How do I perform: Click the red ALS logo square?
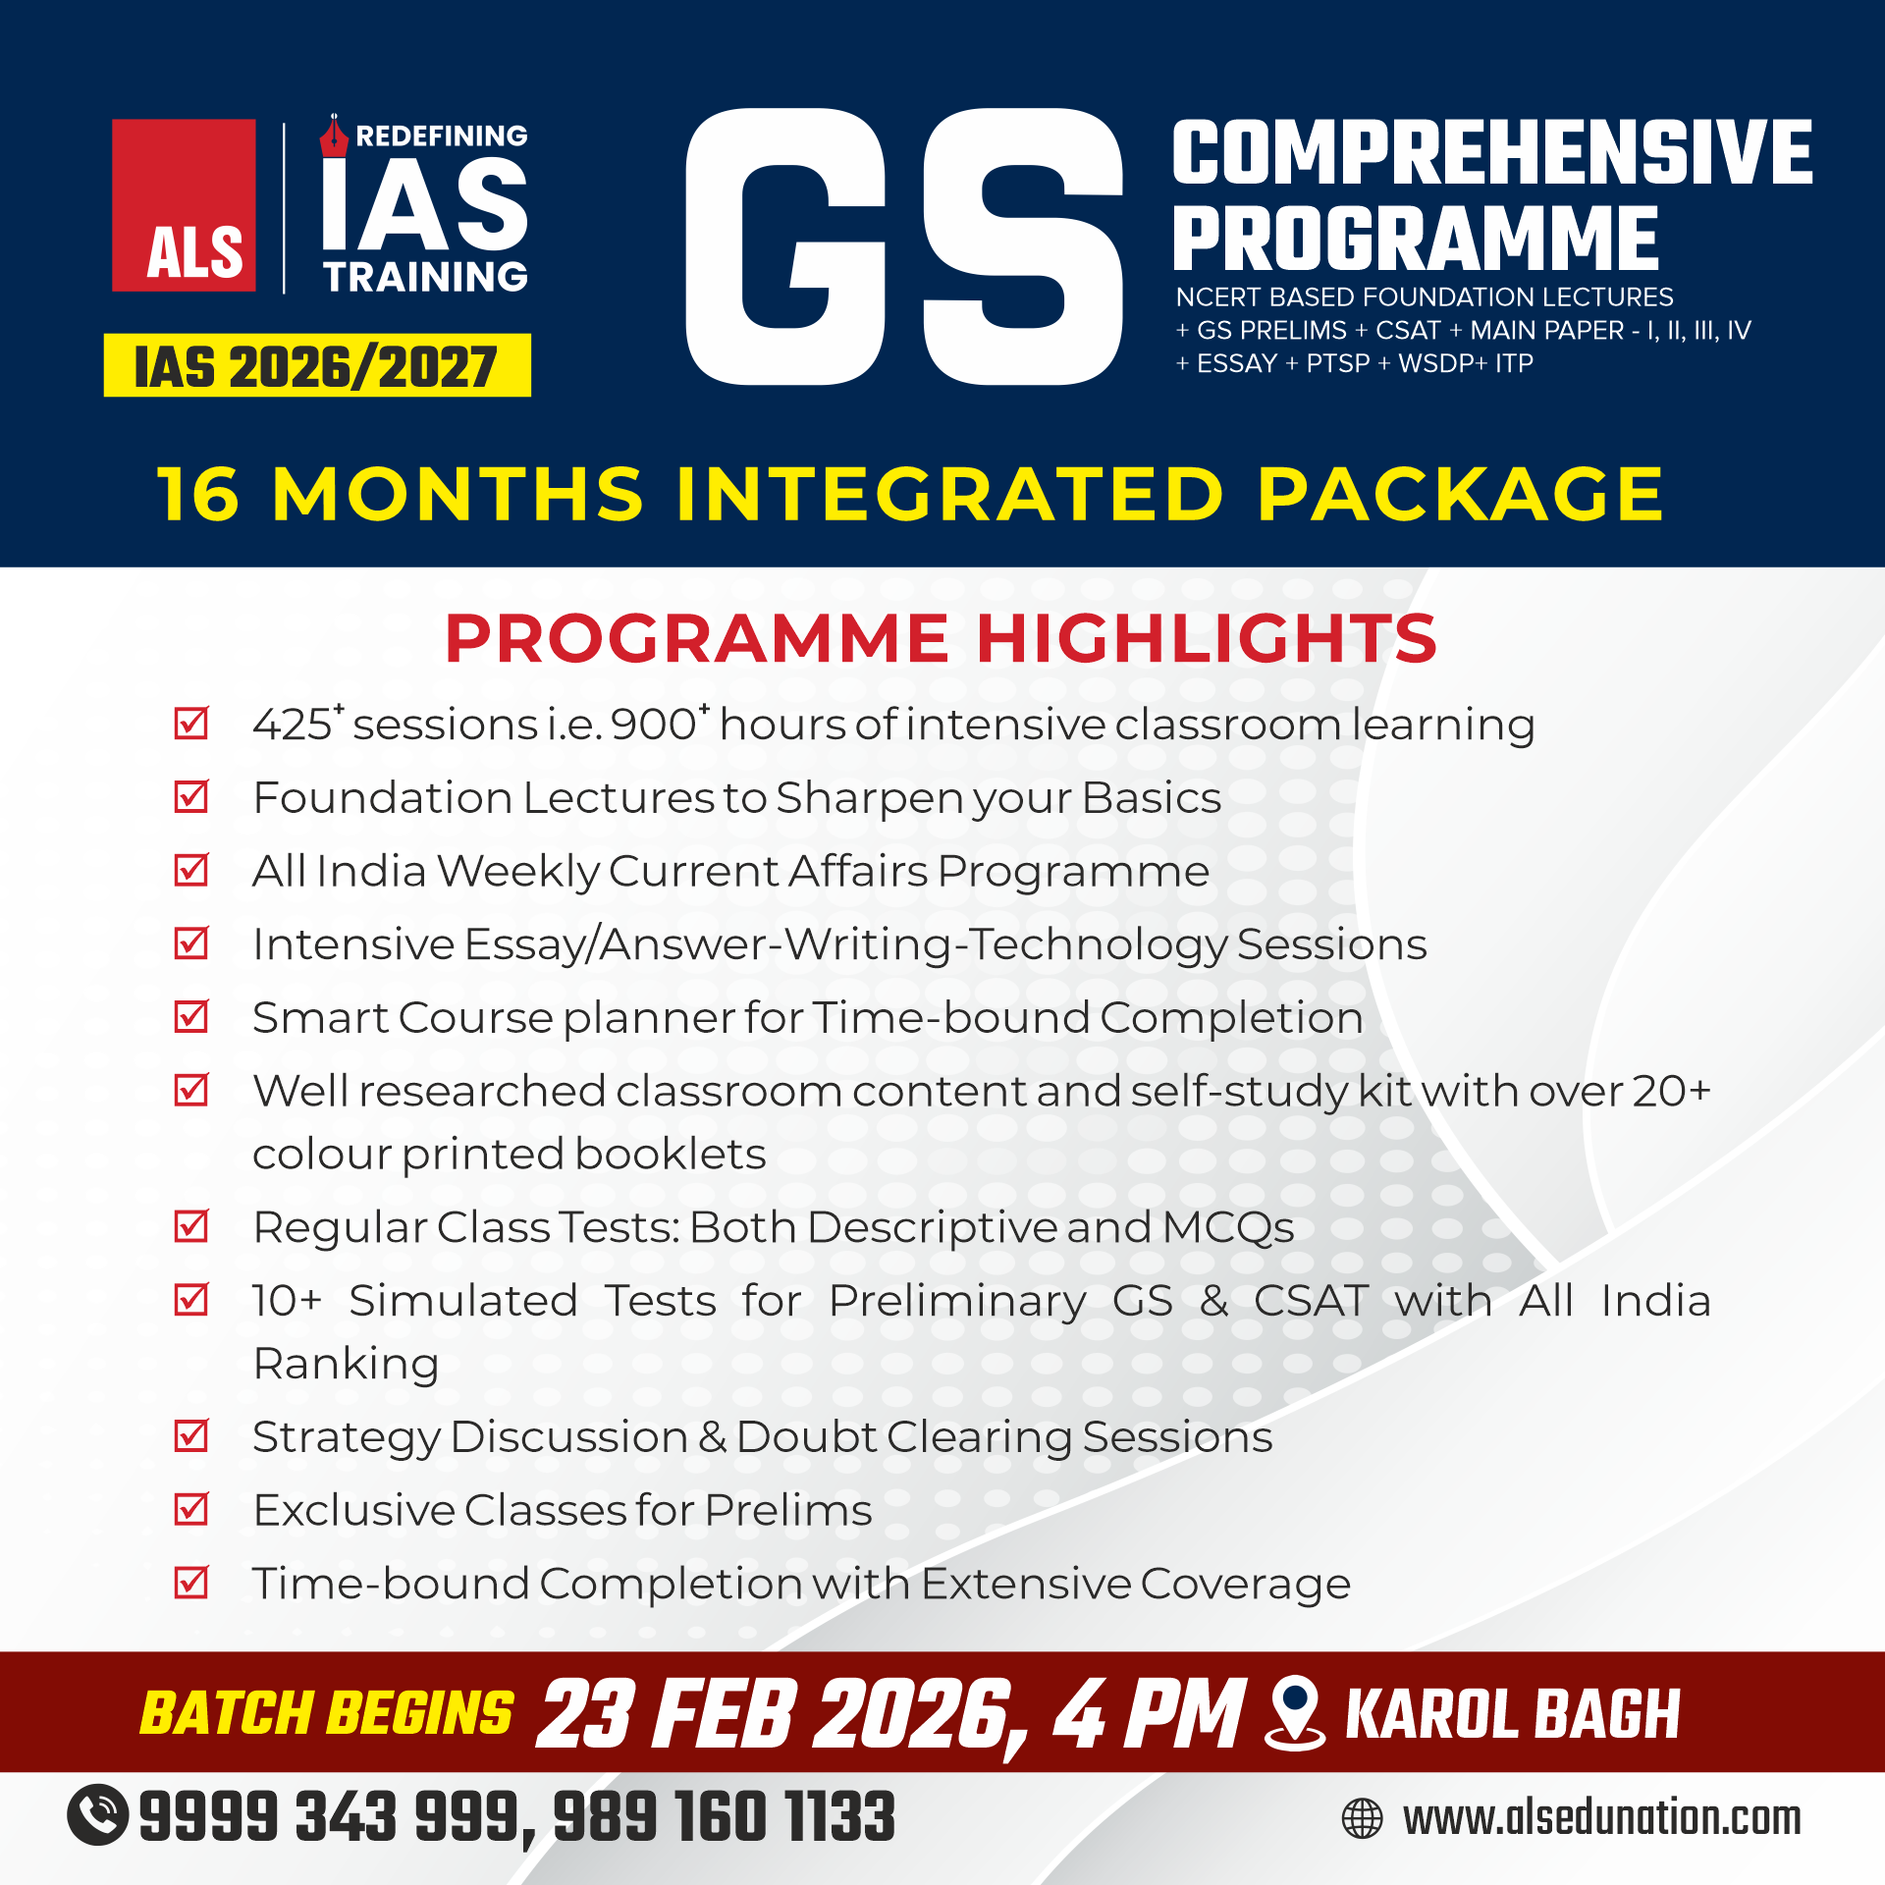tap(184, 205)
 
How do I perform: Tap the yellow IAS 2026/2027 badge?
tap(317, 365)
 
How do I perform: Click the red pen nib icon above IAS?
tap(334, 135)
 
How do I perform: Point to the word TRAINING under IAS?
tap(426, 277)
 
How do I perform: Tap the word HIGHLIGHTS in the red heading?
tap(1207, 638)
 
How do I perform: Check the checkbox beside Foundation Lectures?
tap(190, 795)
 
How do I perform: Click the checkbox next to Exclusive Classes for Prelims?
tap(190, 1508)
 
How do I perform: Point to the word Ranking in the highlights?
tap(346, 1365)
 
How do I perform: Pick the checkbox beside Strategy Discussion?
tap(190, 1435)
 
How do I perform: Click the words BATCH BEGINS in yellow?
tap(327, 1713)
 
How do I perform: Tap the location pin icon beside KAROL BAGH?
tap(1295, 1712)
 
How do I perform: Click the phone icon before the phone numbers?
tap(97, 1814)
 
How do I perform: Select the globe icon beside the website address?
tap(1362, 1818)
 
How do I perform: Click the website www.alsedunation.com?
tap(1602, 1818)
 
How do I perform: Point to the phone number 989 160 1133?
tap(725, 1816)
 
